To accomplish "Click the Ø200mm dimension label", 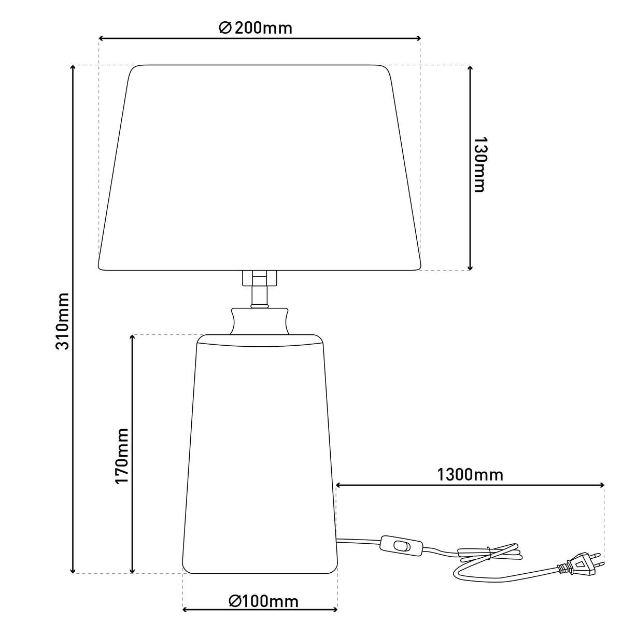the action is tap(256, 29).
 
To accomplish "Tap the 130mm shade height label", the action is tap(479, 165).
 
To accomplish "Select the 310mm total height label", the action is tap(63, 321).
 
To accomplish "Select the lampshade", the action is tap(260, 167).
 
